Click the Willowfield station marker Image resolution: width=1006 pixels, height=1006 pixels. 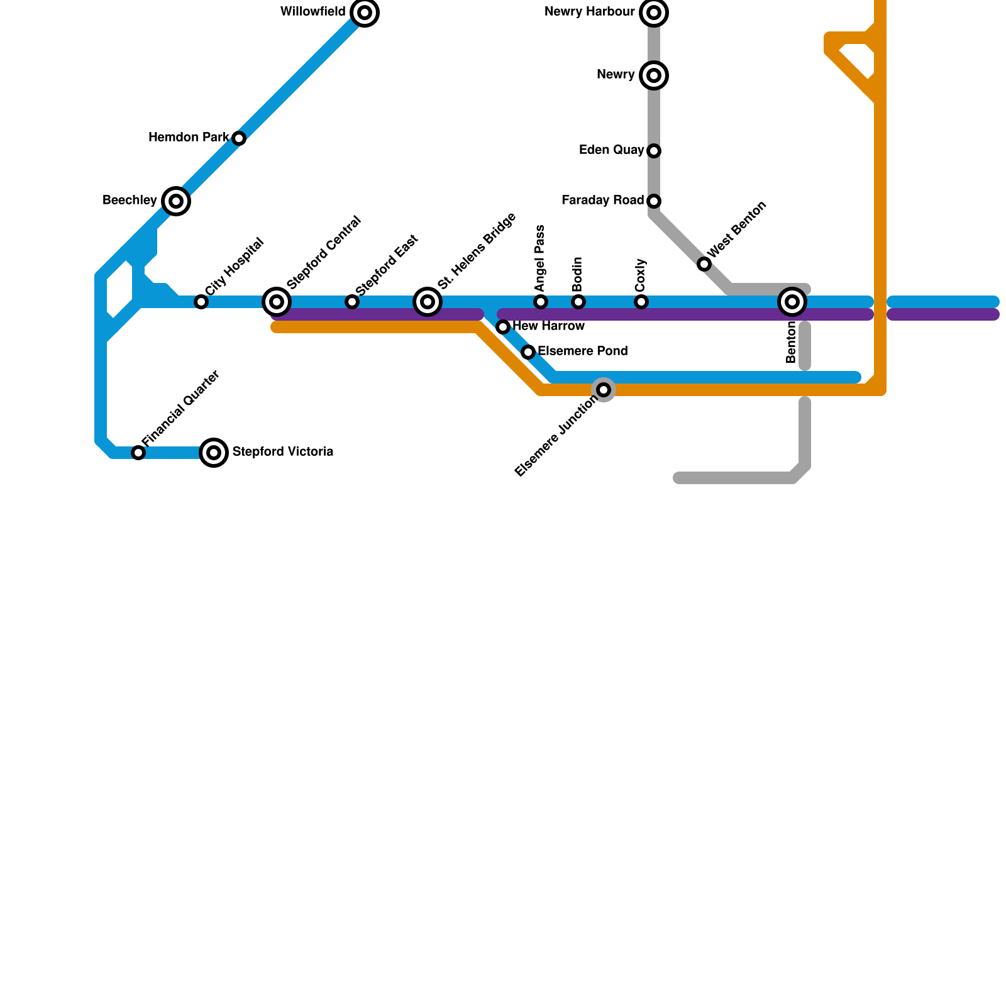365,13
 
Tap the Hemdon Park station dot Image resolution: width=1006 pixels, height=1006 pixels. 239,138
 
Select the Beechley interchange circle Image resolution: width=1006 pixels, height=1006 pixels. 176,201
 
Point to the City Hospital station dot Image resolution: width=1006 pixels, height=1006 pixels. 201,302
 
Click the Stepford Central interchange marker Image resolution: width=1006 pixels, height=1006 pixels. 277,302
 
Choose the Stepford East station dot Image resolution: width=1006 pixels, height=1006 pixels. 352,302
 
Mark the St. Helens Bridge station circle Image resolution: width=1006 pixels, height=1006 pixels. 428,302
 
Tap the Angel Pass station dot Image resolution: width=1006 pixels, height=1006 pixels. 541,302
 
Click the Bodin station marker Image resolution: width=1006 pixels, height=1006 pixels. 578,302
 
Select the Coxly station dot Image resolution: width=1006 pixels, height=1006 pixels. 641,302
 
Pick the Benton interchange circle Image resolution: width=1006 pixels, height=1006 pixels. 792,302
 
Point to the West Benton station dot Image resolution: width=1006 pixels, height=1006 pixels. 704,264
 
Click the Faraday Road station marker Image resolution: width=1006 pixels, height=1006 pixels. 654,201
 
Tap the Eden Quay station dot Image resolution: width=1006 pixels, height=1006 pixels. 654,151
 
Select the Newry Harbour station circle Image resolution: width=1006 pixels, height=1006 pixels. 654,13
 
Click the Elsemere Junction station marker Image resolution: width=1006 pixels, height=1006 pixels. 604,390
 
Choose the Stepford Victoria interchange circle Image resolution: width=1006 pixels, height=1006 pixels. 214,453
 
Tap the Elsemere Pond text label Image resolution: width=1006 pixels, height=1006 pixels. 583,351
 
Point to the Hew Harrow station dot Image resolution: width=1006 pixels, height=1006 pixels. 503,327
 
